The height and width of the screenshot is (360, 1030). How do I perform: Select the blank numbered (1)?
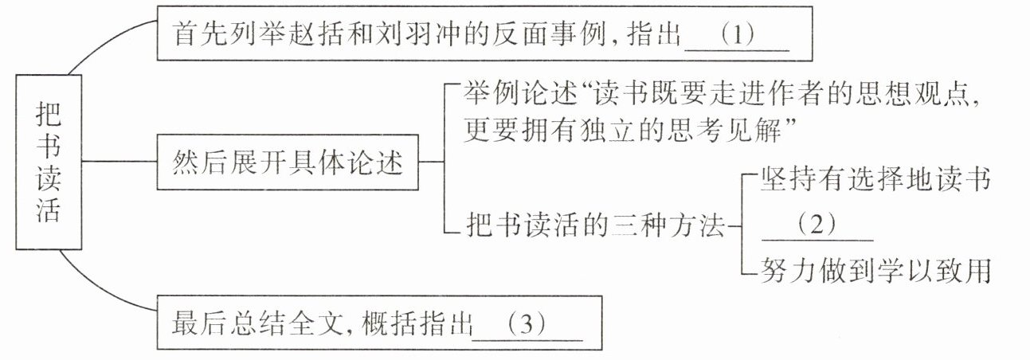point(736,37)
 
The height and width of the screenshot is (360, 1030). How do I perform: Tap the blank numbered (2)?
point(817,226)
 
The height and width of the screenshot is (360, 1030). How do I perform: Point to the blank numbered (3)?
point(527,327)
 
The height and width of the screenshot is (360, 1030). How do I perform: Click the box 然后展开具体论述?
point(287,165)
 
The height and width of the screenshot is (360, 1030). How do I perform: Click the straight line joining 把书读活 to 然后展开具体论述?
point(118,162)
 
